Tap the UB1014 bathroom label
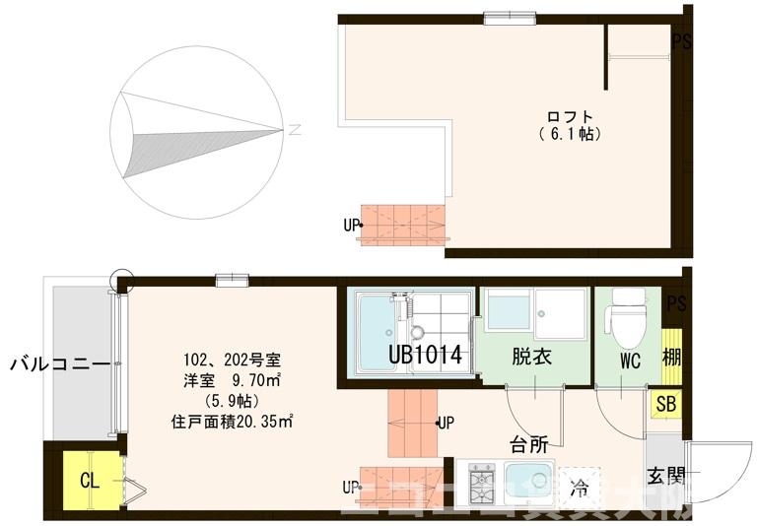425,355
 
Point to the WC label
630,362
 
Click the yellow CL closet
88,482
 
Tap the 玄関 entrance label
665,476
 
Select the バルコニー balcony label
59,364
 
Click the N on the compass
295,128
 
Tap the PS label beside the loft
680,41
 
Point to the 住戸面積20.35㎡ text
234,421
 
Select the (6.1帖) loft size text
571,132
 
